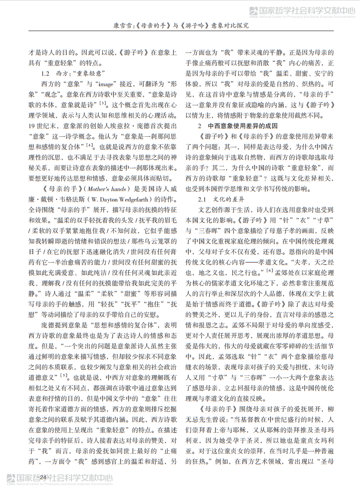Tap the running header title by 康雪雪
pos(180,26)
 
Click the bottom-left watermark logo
pos(59,480)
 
